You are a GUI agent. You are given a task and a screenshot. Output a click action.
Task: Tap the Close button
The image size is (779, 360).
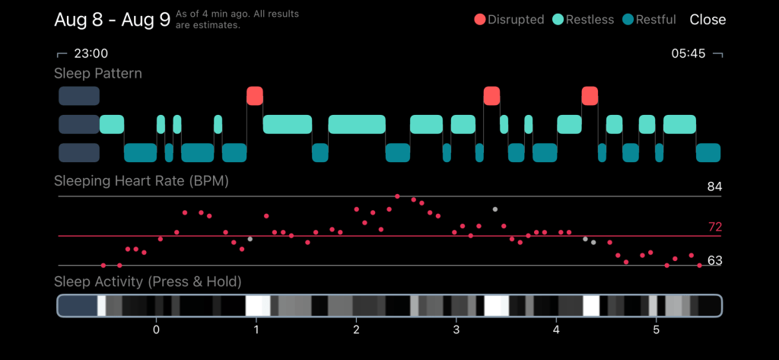pos(707,20)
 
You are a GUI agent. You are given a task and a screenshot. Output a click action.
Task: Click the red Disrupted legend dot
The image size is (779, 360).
pos(480,20)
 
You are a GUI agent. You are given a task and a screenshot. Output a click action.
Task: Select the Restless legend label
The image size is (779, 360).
pos(590,20)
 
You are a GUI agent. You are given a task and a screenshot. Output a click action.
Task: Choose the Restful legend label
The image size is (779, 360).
pos(656,20)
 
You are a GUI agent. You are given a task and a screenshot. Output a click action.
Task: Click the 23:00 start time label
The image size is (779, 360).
pos(91,54)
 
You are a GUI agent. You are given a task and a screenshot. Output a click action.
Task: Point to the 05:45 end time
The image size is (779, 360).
pos(688,54)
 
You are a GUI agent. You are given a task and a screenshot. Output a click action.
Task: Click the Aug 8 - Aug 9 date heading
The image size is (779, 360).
pos(113,20)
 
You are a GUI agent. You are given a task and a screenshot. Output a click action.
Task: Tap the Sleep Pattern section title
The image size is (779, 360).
pos(98,74)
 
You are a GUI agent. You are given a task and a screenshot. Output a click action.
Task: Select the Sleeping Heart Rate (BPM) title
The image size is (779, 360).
pos(141,181)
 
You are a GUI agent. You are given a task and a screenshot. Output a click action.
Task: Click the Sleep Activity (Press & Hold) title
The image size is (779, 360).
pos(148,282)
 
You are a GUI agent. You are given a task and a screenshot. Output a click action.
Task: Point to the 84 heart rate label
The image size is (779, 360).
pos(715,187)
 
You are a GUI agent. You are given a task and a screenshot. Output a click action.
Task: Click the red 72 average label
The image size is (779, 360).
pos(715,228)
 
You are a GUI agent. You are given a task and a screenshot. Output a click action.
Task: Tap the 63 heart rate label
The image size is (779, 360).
pos(715,260)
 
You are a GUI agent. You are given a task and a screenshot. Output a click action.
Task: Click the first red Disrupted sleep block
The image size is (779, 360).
pos(255,95)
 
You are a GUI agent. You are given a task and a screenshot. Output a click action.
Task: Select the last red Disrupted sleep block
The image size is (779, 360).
pos(590,95)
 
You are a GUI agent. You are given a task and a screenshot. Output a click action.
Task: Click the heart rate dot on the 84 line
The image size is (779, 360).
pos(397,196)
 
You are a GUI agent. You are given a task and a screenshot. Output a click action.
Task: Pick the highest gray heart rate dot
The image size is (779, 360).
pos(494,209)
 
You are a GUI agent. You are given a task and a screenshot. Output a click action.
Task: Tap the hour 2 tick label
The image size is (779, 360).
pos(356,330)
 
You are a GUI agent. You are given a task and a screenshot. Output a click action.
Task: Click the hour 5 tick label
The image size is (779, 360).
pos(657,330)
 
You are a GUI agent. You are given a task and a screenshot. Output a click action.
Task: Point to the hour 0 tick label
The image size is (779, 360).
pos(156,330)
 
